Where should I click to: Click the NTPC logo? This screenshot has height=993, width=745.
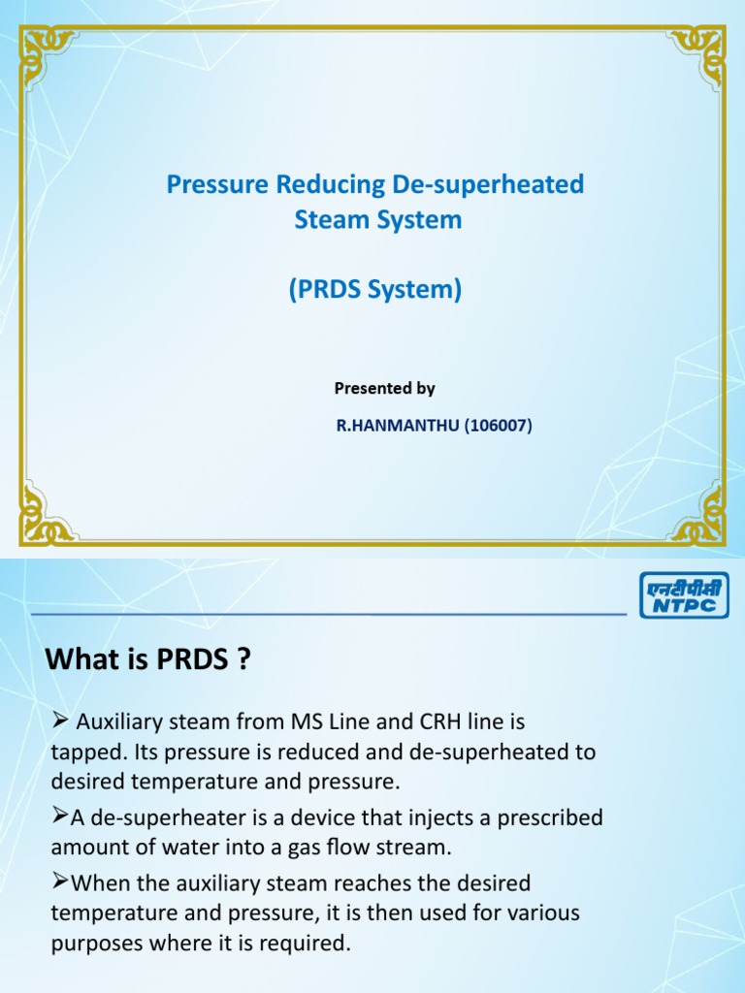click(684, 593)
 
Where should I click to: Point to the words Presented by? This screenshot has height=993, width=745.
click(385, 388)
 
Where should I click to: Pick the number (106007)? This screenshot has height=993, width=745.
click(498, 424)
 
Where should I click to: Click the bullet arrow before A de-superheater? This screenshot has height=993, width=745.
click(58, 817)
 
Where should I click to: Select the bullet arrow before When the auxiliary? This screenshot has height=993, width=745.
click(58, 882)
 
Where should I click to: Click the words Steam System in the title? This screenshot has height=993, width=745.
click(377, 220)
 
